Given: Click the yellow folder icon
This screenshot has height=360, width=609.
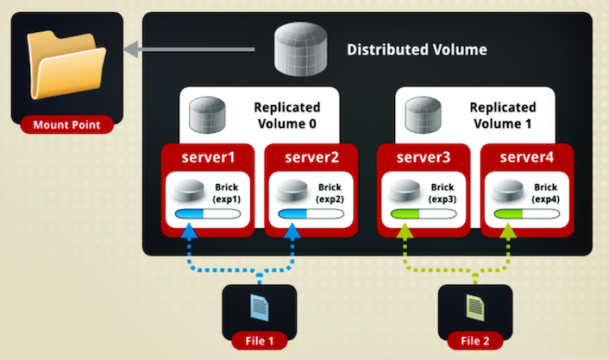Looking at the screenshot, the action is [x=66, y=65].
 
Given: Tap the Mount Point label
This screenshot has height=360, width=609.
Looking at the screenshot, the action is [x=66, y=125].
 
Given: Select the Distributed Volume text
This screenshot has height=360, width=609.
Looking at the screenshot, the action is [x=417, y=50].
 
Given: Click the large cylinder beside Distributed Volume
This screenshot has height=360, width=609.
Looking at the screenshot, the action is [x=300, y=48].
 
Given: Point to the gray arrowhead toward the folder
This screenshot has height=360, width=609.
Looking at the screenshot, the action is [x=131, y=49].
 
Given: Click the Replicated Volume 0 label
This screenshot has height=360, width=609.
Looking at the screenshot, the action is [x=287, y=116].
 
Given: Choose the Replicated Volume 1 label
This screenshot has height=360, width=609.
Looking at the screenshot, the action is [x=503, y=116].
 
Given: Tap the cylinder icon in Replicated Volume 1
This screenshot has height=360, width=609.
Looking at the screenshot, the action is [x=423, y=115].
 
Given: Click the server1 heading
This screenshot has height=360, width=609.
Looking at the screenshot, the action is [x=208, y=157].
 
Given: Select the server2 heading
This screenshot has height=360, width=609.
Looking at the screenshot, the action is [x=311, y=157].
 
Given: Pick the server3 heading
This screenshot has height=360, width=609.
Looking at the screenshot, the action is [x=424, y=157].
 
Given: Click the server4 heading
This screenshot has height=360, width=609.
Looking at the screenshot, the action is [x=527, y=157].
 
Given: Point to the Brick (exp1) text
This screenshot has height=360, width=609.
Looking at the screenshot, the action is [x=226, y=193].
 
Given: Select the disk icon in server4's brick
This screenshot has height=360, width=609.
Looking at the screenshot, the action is [x=508, y=191].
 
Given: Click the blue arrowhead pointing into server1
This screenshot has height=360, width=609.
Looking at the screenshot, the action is [x=189, y=231].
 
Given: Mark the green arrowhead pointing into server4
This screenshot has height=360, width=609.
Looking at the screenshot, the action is [x=508, y=231].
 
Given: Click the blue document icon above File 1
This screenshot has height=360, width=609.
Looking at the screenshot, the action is [x=260, y=307].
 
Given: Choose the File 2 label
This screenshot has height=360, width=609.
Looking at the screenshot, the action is [x=475, y=341].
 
